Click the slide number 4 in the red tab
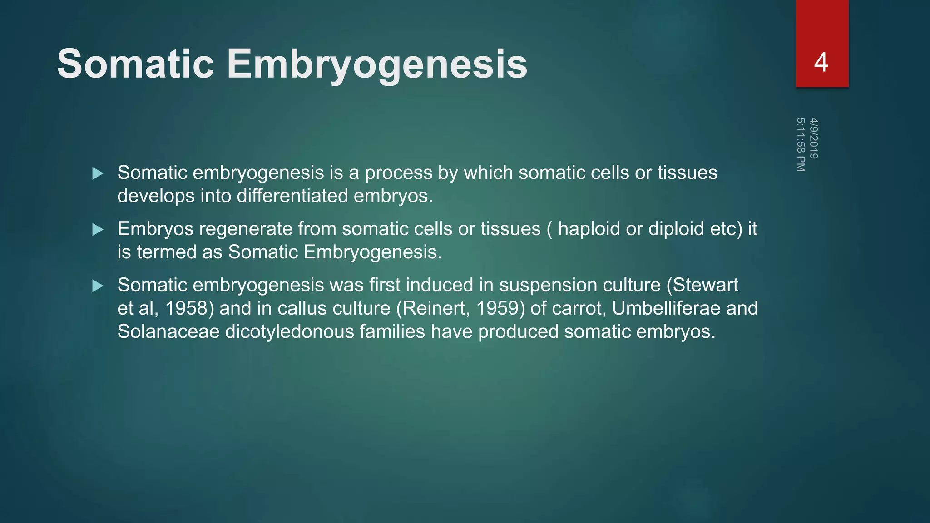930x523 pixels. [821, 62]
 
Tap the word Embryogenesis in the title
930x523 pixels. [377, 64]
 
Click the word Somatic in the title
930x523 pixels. [135, 64]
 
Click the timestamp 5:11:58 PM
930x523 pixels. [801, 144]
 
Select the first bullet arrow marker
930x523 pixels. [98, 173]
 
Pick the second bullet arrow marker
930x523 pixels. [98, 230]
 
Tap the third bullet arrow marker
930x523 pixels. [98, 286]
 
